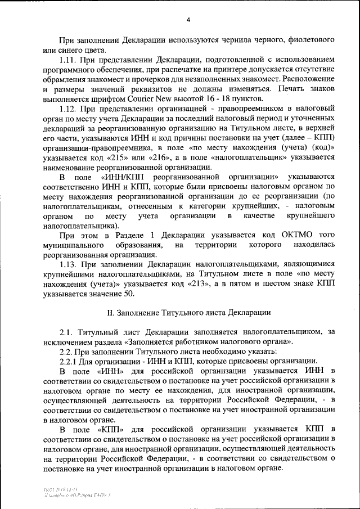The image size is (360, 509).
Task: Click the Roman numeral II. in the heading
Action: click(x=111, y=312)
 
